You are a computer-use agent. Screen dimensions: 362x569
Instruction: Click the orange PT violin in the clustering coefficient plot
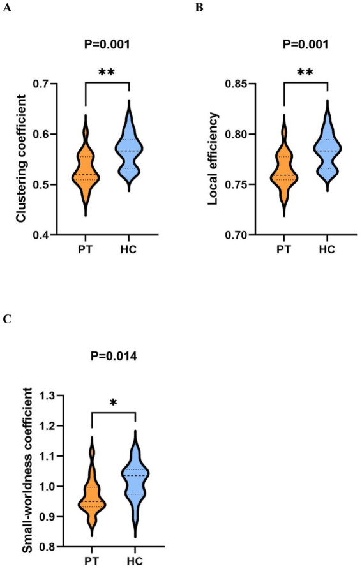(x=86, y=170)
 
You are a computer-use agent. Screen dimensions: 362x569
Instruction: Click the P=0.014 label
(x=114, y=357)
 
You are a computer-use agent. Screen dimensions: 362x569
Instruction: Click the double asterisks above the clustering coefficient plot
(x=107, y=72)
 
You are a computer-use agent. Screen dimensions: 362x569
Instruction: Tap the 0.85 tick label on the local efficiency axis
(x=236, y=84)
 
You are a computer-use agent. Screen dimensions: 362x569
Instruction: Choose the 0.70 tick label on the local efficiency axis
(x=236, y=235)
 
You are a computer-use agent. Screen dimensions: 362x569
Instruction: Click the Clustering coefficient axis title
(x=22, y=158)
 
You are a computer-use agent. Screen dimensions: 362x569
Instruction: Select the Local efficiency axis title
(x=213, y=159)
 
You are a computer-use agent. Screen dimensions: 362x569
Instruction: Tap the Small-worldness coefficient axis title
(x=27, y=471)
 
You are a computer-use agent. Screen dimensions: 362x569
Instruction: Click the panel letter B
(x=199, y=7)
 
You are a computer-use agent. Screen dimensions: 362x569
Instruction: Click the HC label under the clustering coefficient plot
(x=129, y=249)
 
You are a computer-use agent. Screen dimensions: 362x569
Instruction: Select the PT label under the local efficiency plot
(x=284, y=249)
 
